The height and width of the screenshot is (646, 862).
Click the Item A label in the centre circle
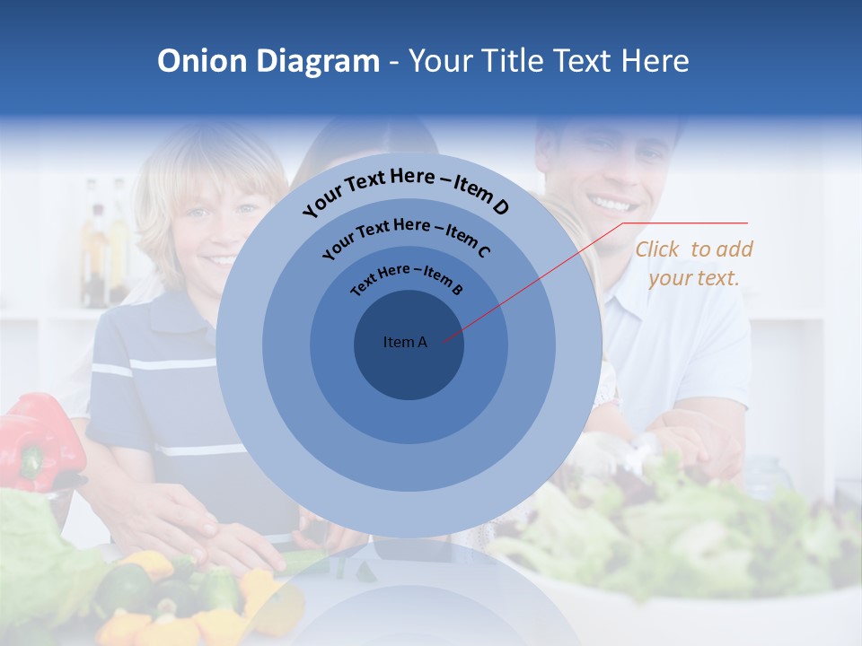click(405, 342)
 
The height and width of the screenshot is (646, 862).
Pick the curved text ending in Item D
click(406, 189)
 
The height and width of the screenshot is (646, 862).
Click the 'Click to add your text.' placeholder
click(694, 264)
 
